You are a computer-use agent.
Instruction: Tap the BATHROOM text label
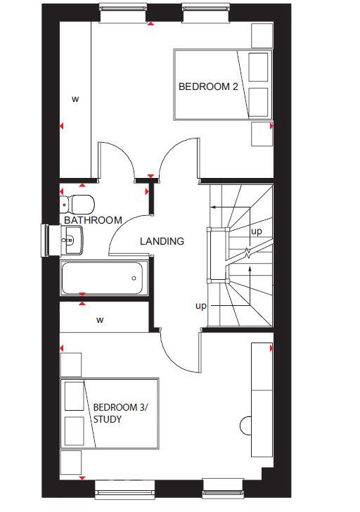coord(93,220)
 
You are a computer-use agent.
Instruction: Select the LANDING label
coord(162,241)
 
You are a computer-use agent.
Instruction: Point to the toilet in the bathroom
coord(78,204)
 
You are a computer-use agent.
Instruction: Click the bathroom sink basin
coord(72,242)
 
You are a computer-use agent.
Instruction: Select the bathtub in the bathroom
coord(103,279)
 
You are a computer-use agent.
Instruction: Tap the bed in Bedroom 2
coord(222,84)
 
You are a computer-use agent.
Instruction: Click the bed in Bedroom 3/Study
coord(109,414)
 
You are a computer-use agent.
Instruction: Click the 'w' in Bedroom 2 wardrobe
coord(75,99)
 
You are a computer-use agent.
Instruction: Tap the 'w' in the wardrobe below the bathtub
coord(100,320)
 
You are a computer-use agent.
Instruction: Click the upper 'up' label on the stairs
coord(257,231)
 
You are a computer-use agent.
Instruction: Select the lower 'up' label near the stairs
coord(200,306)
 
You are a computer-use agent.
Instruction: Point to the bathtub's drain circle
coord(134,278)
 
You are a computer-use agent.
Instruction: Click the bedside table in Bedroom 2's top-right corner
coord(261,34)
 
